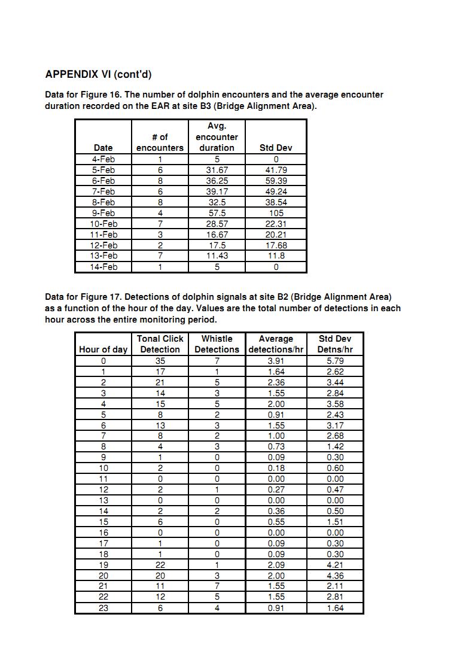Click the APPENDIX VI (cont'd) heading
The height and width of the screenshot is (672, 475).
pyautogui.click(x=98, y=75)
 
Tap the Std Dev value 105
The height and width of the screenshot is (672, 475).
pyautogui.click(x=276, y=213)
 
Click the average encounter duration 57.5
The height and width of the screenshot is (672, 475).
pyautogui.click(x=217, y=213)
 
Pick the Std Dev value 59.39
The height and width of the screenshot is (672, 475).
pyautogui.click(x=276, y=181)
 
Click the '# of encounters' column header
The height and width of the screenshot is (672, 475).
pyautogui.click(x=160, y=142)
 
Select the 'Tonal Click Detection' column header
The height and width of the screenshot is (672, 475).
pyautogui.click(x=160, y=344)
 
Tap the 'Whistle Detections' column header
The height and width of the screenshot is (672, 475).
pyautogui.click(x=217, y=344)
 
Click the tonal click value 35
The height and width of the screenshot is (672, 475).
pyautogui.click(x=160, y=361)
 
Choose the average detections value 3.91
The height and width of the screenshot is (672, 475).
pyautogui.click(x=276, y=361)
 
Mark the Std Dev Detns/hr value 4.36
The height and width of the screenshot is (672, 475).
pyautogui.click(x=335, y=576)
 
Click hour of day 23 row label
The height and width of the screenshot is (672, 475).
pyautogui.click(x=103, y=608)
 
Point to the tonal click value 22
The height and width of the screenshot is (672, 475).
pyautogui.click(x=160, y=565)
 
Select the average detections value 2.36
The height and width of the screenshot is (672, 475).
pyautogui.click(x=276, y=382)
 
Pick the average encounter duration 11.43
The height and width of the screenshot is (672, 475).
pyautogui.click(x=217, y=256)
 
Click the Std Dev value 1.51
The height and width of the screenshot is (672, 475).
pyautogui.click(x=335, y=522)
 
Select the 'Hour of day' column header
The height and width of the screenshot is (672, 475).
pyautogui.click(x=103, y=349)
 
